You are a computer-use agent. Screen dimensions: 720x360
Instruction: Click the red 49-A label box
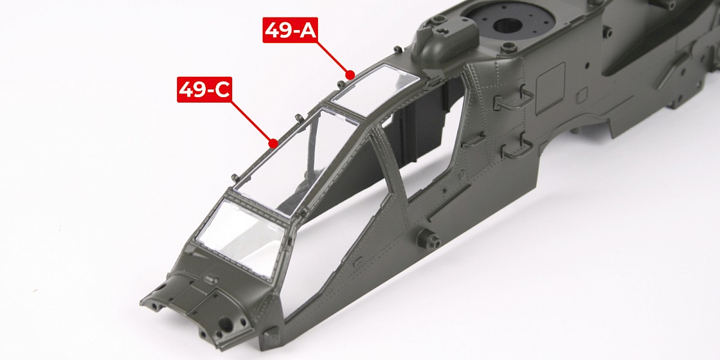coord(290,30)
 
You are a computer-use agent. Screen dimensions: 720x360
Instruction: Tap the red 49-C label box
coord(205,89)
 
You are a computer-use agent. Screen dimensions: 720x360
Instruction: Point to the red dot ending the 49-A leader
coord(350,75)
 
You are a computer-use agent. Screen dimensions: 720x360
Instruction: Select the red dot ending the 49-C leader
coord(273,143)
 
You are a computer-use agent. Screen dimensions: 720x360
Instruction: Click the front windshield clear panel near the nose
coord(239,237)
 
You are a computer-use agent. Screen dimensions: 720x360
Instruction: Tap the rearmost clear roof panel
coord(374,89)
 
